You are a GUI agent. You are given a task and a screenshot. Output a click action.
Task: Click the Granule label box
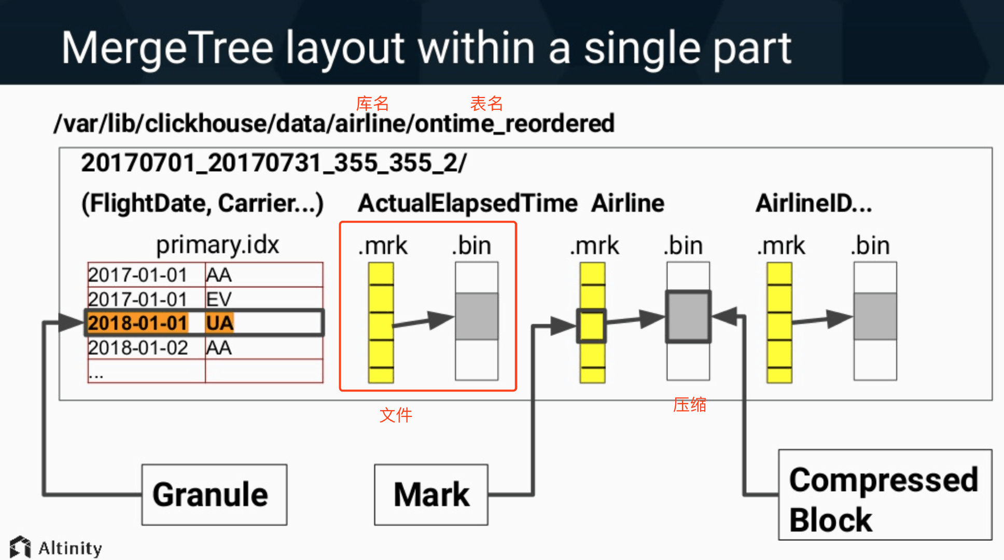tap(214, 495)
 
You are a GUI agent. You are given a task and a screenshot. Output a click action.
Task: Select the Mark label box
tap(431, 495)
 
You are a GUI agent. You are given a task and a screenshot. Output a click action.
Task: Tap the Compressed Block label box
tap(885, 495)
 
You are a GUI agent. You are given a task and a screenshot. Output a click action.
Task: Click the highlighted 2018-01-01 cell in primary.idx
tap(138, 323)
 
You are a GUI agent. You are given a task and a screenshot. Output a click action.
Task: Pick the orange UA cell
tap(220, 323)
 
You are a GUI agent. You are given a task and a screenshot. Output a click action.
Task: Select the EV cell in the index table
tap(219, 299)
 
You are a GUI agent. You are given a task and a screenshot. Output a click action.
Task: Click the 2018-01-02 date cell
tap(138, 347)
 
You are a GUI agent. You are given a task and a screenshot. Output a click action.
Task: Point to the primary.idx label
tap(218, 244)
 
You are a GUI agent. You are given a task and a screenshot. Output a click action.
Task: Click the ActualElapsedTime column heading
tap(468, 203)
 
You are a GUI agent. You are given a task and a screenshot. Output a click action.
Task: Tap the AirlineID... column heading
tap(814, 203)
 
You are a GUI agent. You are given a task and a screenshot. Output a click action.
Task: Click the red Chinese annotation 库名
tap(372, 104)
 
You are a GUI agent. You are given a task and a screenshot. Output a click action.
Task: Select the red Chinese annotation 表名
tap(486, 104)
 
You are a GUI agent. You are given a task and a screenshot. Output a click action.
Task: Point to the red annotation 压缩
tap(690, 404)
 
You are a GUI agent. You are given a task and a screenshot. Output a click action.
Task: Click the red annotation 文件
tap(396, 415)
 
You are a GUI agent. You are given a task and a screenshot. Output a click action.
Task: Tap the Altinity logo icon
tap(20, 547)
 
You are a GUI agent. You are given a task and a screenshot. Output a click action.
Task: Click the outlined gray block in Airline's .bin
tap(688, 316)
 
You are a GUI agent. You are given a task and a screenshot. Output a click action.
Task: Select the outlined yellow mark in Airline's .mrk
tap(591, 326)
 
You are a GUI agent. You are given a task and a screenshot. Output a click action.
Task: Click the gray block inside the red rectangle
tap(477, 316)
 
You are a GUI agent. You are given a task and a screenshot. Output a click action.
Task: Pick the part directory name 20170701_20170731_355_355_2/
tap(274, 163)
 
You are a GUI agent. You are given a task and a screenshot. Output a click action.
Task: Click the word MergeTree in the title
tap(168, 48)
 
